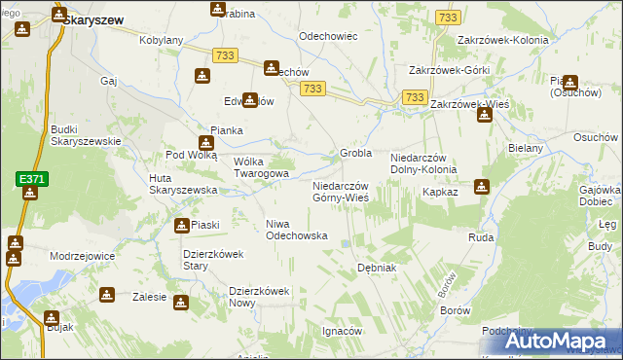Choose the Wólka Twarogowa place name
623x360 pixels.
click(x=261, y=167)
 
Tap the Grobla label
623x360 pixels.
click(x=356, y=154)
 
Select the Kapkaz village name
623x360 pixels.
click(x=440, y=193)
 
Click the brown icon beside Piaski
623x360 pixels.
click(x=182, y=226)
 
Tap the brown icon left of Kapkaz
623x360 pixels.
click(x=479, y=188)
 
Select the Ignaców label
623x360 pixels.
click(x=342, y=331)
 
